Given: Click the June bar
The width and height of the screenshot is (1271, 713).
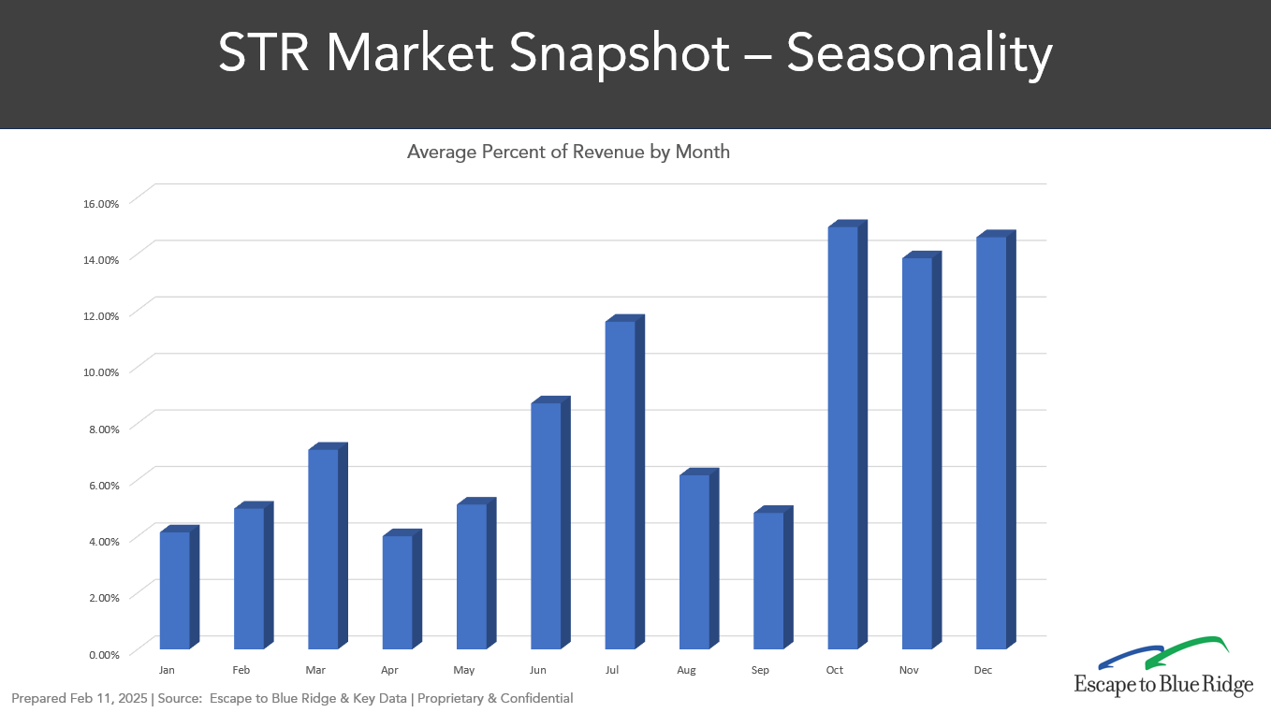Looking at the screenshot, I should coord(547,525).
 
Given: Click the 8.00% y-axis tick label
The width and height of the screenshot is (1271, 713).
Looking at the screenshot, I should coord(100,429).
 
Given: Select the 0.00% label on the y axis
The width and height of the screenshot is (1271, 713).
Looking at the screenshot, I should coord(104,654).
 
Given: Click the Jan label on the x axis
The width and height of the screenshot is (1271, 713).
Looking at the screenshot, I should coord(167,670).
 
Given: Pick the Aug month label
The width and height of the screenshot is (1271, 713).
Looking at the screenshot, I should coord(686,670).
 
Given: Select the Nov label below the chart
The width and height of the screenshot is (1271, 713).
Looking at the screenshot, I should coord(909,670).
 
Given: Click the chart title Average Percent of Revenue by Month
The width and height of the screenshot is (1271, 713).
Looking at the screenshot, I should coord(568,152).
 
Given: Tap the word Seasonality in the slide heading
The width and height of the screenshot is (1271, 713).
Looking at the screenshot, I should coord(919,53).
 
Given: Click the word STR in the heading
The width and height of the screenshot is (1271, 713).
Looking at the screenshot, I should coord(264,53).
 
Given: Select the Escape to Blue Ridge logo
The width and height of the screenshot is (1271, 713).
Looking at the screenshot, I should coord(1163,667).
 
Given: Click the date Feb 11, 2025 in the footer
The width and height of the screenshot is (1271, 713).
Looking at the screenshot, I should coord(109,698).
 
